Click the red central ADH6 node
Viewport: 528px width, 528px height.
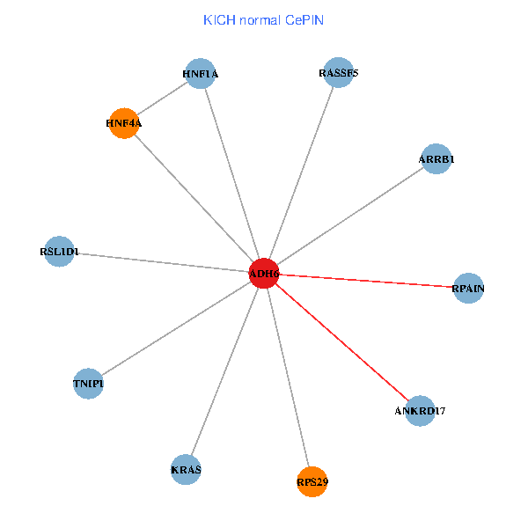[x=264, y=274]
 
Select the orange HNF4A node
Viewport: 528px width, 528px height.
[x=124, y=123]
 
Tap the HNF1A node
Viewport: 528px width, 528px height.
[x=201, y=74]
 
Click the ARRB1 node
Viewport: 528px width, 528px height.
[x=436, y=159]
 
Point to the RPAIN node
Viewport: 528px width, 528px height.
[x=468, y=288]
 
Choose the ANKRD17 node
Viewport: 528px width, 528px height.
[x=421, y=411]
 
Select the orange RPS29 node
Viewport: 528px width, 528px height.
[x=312, y=481]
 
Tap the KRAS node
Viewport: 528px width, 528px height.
[x=187, y=469]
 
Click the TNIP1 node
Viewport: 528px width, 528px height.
[x=88, y=384]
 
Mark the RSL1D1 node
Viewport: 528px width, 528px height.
[x=59, y=252]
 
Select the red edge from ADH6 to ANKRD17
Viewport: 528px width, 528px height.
[x=342, y=342]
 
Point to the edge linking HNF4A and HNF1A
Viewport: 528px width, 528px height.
[x=163, y=99]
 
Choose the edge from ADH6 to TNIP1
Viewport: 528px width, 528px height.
[x=176, y=328]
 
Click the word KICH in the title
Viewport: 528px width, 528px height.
[x=216, y=19]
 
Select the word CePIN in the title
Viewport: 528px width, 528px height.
[x=304, y=19]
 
